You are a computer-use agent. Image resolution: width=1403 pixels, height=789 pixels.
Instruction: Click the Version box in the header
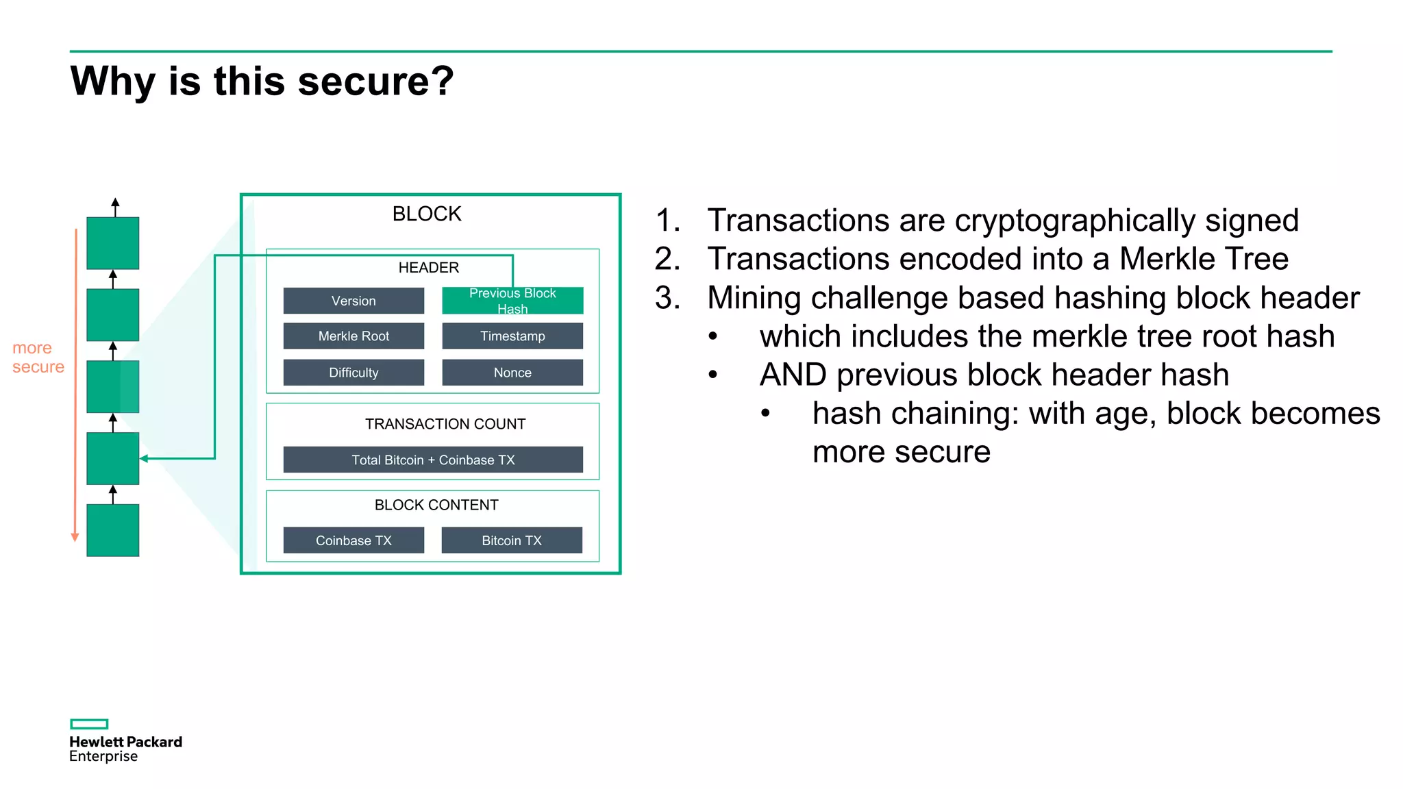click(x=353, y=301)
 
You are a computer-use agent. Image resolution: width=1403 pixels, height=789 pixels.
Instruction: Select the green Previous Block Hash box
click(x=512, y=301)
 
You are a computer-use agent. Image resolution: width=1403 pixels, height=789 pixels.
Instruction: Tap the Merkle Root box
click(x=353, y=336)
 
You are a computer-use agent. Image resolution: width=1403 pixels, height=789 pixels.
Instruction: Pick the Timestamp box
click(x=512, y=336)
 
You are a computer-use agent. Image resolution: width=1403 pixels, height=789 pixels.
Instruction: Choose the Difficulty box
click(x=353, y=373)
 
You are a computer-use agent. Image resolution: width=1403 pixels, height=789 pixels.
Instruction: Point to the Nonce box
click(x=512, y=373)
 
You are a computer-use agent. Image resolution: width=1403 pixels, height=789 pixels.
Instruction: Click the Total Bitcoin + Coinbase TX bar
click(x=433, y=460)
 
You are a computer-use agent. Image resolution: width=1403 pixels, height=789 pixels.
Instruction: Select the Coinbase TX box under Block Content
click(x=353, y=540)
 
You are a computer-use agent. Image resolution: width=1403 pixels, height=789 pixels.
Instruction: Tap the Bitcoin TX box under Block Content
click(x=512, y=540)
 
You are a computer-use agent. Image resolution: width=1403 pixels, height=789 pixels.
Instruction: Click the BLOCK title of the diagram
click(x=427, y=214)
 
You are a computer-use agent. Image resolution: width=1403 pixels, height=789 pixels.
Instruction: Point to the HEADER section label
click(x=429, y=268)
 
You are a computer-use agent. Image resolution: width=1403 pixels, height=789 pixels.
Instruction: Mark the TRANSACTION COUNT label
click(x=445, y=424)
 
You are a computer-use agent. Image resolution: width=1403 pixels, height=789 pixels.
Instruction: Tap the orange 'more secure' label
click(x=38, y=358)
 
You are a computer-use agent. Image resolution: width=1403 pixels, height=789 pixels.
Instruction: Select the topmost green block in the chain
click(x=113, y=243)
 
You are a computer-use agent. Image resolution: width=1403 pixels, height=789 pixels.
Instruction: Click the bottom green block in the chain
click(x=113, y=530)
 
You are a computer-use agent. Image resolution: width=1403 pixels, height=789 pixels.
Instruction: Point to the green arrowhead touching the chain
click(x=144, y=459)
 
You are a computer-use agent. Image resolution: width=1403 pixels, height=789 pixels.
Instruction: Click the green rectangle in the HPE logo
click(x=89, y=724)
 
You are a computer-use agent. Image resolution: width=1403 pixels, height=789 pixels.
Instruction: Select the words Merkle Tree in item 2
click(x=1204, y=259)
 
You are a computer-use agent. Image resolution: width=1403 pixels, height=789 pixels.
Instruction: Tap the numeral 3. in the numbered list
click(x=667, y=298)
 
